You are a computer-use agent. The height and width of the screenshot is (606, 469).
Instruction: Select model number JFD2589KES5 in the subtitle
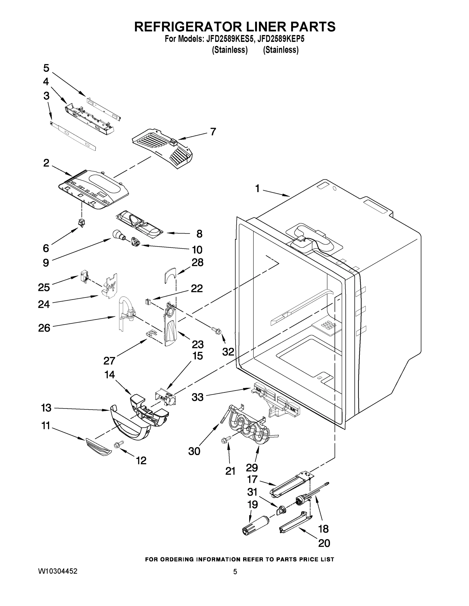(230, 39)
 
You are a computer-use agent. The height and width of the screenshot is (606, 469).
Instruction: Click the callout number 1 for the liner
(257, 189)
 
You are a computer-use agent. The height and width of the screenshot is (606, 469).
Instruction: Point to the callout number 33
(197, 397)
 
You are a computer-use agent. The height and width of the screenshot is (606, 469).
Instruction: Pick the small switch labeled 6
(82, 222)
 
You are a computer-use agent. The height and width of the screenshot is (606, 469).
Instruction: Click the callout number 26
(44, 328)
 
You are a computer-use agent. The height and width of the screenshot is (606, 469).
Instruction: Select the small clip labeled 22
(147, 301)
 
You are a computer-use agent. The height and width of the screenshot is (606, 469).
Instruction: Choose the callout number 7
(213, 132)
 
